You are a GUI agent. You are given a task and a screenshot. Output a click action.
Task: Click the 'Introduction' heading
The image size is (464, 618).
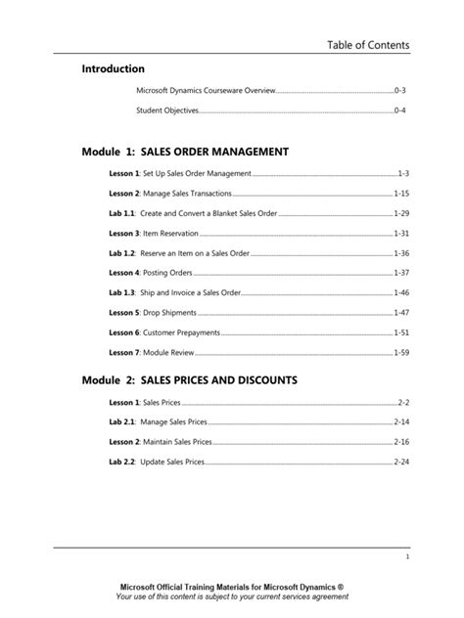coord(114,69)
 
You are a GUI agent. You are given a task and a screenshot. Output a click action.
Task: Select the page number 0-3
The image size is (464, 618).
coord(399,91)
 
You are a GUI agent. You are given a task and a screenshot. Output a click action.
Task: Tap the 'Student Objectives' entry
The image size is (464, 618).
coord(167,111)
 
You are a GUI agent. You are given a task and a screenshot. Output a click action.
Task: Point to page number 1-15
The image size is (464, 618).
coord(401,194)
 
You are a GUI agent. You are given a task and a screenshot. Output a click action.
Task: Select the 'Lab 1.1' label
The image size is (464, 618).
coord(122,213)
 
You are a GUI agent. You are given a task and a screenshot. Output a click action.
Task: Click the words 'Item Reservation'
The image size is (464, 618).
coord(171,234)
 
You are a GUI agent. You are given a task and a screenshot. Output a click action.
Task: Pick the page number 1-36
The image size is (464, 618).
coord(401,253)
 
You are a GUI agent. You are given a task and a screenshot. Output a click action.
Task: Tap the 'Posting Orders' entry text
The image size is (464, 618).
coord(168,273)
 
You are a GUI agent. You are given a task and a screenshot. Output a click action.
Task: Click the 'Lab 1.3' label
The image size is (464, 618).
coord(122,292)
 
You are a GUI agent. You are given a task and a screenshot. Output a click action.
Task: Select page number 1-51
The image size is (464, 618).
coord(401,332)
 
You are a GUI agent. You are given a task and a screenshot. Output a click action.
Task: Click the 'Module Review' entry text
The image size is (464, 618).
coord(169,352)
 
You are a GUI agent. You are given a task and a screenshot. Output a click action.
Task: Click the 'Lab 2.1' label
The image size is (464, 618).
coord(122,421)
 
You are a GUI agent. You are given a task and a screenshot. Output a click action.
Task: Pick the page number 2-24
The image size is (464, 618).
coord(401,462)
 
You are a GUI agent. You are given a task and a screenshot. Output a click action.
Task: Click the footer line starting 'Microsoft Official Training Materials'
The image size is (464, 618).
coord(231,587)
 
